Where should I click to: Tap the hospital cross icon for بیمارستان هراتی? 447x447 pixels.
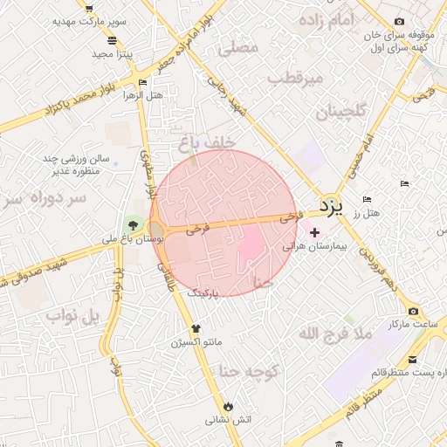pyautogui.click(x=314, y=233)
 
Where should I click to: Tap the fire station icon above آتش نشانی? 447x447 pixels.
pyautogui.click(x=229, y=406)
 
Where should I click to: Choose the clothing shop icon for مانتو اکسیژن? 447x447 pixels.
pyautogui.click(x=195, y=329)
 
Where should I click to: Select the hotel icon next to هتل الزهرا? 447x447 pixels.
pyautogui.click(x=142, y=83)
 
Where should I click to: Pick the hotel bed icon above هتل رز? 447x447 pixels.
pyautogui.click(x=367, y=200)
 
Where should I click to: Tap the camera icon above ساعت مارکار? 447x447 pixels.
pyautogui.click(x=412, y=312)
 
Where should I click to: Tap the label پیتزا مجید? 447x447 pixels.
pyautogui.click(x=111, y=54)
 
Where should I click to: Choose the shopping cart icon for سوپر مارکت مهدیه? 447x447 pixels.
pyautogui.click(x=89, y=8)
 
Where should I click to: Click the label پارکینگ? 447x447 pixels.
pyautogui.click(x=205, y=295)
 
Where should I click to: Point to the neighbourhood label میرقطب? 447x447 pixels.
pyautogui.click(x=295, y=79)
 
